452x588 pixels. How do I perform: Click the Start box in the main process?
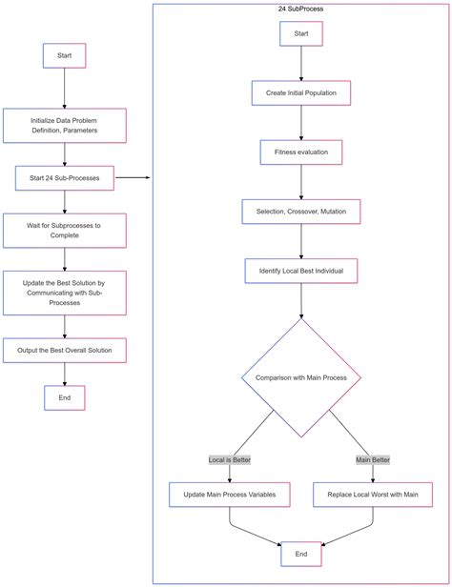click(x=64, y=55)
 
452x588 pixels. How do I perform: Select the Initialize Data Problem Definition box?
click(x=64, y=126)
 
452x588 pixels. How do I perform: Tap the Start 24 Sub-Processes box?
click(x=64, y=177)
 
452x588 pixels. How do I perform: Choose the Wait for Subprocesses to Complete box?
click(x=64, y=230)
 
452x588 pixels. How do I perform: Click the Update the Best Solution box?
click(x=64, y=293)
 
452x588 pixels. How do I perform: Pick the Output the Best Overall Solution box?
click(x=64, y=351)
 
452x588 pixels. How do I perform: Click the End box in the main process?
click(x=64, y=398)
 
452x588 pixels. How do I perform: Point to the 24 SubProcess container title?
click(x=301, y=9)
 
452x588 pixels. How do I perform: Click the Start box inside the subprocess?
click(x=301, y=33)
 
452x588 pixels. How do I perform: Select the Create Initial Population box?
click(x=301, y=92)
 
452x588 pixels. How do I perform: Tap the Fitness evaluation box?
click(x=301, y=152)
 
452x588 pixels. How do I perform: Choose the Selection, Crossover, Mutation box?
click(x=301, y=211)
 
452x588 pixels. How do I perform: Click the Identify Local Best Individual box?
click(x=301, y=271)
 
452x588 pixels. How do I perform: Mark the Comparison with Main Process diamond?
click(x=301, y=377)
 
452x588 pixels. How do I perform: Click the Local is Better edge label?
click(x=229, y=459)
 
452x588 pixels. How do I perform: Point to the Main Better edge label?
click(x=373, y=459)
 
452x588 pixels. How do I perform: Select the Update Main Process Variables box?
click(x=229, y=495)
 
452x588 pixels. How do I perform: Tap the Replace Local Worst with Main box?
click(x=373, y=495)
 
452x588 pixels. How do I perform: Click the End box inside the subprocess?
click(x=301, y=554)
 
